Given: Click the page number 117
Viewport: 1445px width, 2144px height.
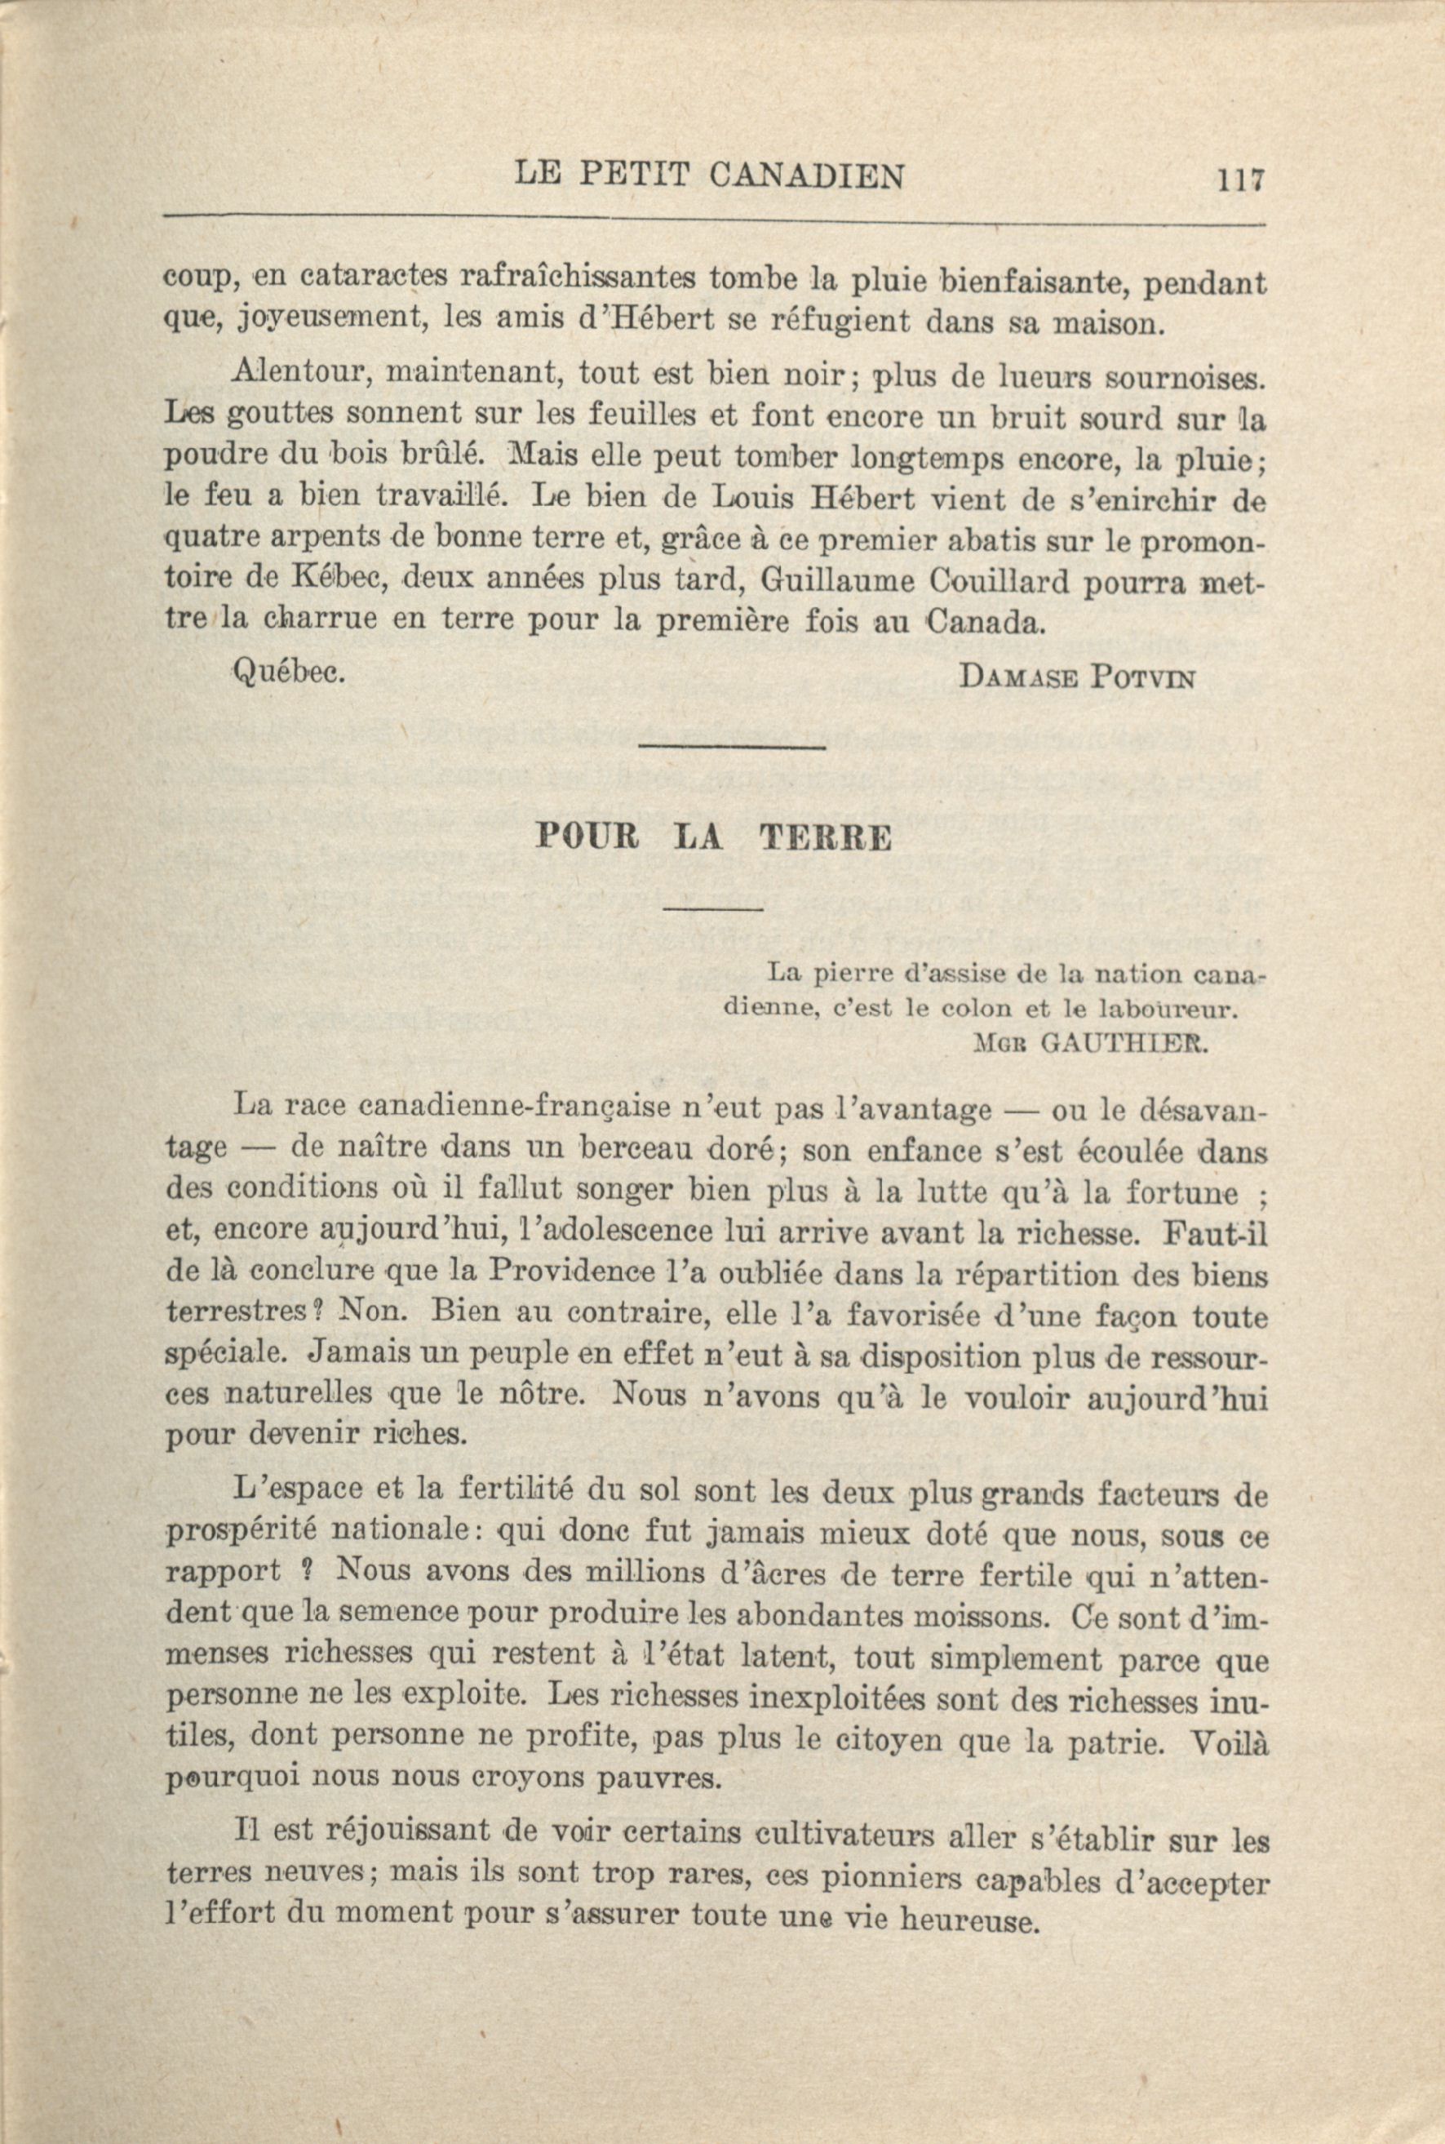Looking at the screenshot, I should point(1237,178).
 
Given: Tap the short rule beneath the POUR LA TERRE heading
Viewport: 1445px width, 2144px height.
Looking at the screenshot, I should point(712,911).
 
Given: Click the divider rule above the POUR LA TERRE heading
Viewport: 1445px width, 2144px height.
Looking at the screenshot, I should point(731,746).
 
